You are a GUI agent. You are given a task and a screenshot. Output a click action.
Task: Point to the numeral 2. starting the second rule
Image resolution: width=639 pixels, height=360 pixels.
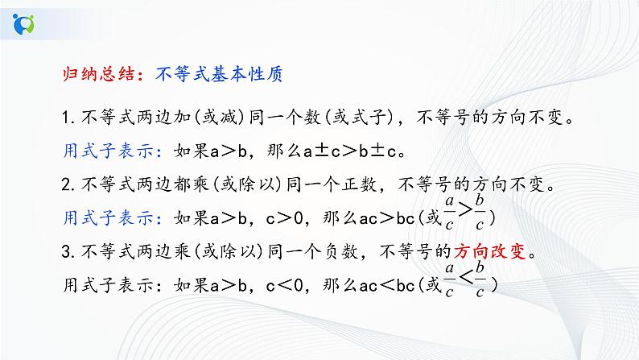coord(67,185)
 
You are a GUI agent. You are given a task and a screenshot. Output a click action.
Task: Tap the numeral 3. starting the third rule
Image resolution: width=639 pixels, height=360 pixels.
coord(67,251)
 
